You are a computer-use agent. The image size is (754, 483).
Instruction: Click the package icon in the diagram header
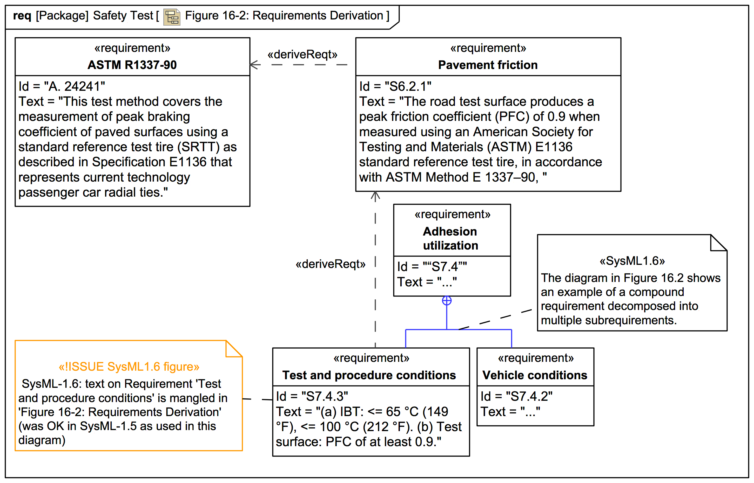(172, 17)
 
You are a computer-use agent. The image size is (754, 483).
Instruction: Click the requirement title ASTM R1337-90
(132, 65)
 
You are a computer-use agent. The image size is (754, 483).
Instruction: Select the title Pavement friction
(488, 65)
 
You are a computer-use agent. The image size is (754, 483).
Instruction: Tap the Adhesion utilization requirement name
(450, 238)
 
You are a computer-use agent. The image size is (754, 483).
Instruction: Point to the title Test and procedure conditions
(369, 375)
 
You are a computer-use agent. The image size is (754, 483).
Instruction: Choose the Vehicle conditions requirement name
(535, 375)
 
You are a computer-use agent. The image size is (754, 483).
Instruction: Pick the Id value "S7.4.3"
(325, 396)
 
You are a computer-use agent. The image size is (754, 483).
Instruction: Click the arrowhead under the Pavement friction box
(375, 195)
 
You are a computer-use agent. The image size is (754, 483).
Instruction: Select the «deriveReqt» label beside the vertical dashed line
(331, 264)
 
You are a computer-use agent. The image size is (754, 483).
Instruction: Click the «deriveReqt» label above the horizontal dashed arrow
(302, 54)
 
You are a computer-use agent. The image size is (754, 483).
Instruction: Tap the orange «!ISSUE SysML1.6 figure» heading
(129, 367)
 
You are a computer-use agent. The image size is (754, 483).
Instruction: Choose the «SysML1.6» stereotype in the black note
(632, 261)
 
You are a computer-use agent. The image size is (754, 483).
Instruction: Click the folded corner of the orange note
(233, 349)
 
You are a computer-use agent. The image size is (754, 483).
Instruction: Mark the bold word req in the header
(22, 15)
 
